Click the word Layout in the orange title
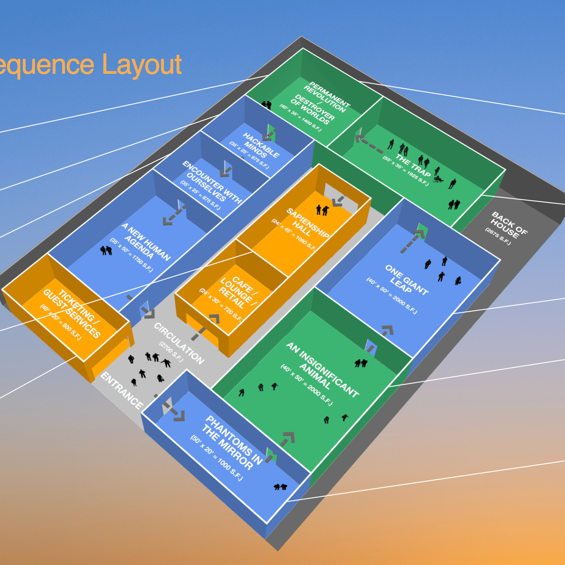pyautogui.click(x=142, y=65)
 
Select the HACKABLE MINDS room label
pyautogui.click(x=261, y=146)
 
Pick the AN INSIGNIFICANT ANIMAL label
pyautogui.click(x=322, y=369)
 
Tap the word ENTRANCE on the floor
pyautogui.click(x=122, y=390)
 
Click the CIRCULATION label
pyautogui.click(x=179, y=343)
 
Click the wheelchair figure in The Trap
pyautogui.click(x=438, y=179)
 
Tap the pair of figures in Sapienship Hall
pyautogui.click(x=322, y=210)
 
